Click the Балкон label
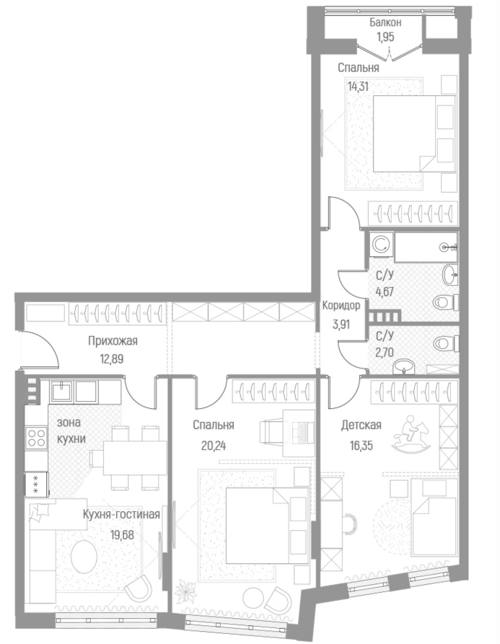(385, 23)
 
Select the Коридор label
(341, 304)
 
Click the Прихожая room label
(113, 341)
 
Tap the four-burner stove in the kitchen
(36, 438)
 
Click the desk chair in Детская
(348, 521)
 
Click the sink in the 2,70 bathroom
(405, 369)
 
